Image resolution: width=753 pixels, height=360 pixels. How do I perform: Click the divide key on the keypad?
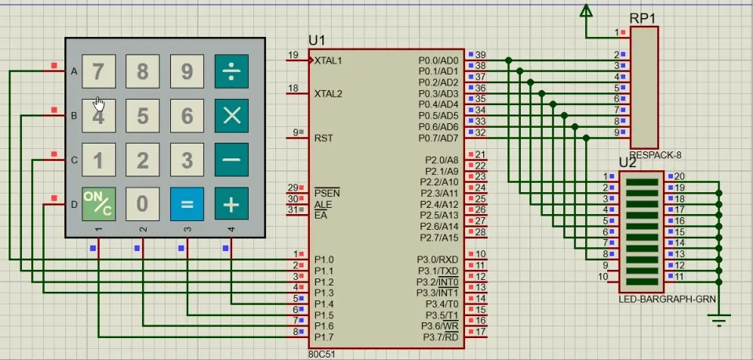click(x=231, y=72)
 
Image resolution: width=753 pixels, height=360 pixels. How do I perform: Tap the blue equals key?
click(x=187, y=204)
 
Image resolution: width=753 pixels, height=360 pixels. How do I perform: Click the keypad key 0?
click(x=142, y=204)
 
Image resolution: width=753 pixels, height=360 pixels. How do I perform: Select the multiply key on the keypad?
click(x=231, y=116)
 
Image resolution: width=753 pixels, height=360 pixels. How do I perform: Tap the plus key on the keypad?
click(x=231, y=204)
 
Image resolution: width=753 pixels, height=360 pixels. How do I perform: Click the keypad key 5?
click(x=142, y=116)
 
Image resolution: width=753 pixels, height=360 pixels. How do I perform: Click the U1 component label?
click(x=317, y=40)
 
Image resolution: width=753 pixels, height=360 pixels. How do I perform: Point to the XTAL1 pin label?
click(x=329, y=60)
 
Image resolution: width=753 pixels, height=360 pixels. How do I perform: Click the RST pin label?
click(x=323, y=138)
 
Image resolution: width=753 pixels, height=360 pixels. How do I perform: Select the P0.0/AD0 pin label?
click(x=438, y=60)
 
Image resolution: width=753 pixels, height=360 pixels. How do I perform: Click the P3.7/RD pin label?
click(x=442, y=337)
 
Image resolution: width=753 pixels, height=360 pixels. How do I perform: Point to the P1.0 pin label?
click(x=324, y=260)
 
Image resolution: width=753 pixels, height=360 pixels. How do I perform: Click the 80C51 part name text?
click(x=320, y=354)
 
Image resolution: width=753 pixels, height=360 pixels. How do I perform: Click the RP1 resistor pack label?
click(x=644, y=18)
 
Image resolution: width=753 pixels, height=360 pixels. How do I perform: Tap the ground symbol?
click(x=719, y=318)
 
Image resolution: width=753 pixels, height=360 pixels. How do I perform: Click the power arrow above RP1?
click(x=586, y=11)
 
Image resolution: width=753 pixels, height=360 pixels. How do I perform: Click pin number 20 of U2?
click(x=680, y=176)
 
